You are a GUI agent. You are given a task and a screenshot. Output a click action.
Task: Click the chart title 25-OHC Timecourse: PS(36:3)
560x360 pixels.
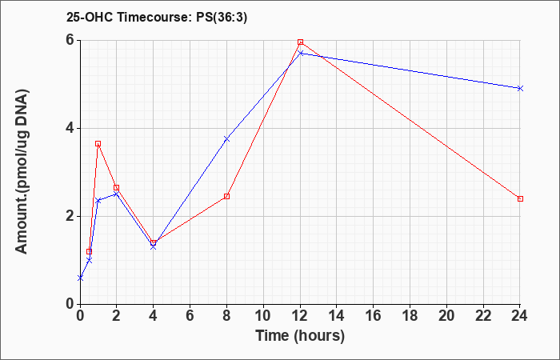[x=157, y=18]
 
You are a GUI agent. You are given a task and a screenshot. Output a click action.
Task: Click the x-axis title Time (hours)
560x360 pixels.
[x=300, y=336]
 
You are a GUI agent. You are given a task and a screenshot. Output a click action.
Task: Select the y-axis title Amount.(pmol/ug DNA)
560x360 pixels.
[x=22, y=172]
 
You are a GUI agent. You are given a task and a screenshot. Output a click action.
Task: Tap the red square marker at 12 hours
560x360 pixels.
[x=300, y=42]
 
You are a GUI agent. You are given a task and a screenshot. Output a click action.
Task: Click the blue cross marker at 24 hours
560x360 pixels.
[x=520, y=88]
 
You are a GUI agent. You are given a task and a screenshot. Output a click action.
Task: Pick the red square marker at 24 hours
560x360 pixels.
[x=520, y=198]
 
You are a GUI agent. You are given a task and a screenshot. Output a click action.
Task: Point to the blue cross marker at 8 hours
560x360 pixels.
[x=226, y=138]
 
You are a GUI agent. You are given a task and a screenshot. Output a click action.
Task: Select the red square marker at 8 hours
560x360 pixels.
[x=226, y=197]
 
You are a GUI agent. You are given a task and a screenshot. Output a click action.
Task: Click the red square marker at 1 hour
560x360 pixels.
[x=98, y=143]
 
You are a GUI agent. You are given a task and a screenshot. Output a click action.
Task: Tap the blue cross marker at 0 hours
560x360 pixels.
[x=80, y=278]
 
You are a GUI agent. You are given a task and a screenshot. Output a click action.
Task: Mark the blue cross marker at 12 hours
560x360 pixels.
[x=300, y=54]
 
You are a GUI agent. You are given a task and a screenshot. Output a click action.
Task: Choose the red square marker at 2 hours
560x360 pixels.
[x=117, y=187]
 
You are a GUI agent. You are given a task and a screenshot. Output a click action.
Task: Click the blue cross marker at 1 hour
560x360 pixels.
[x=98, y=201]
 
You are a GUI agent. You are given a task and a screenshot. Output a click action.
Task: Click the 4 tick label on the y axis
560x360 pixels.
[x=70, y=128]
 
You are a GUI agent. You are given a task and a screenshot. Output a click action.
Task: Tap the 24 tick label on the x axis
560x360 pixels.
[x=520, y=316]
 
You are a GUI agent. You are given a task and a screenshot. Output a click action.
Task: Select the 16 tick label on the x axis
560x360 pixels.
[x=374, y=316]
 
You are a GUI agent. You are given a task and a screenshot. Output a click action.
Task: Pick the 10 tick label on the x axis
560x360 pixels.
[x=263, y=316]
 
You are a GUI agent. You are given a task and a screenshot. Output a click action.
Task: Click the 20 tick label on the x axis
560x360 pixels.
[x=446, y=316]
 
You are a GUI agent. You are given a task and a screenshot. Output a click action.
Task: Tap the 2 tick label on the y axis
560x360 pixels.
[x=70, y=217]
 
